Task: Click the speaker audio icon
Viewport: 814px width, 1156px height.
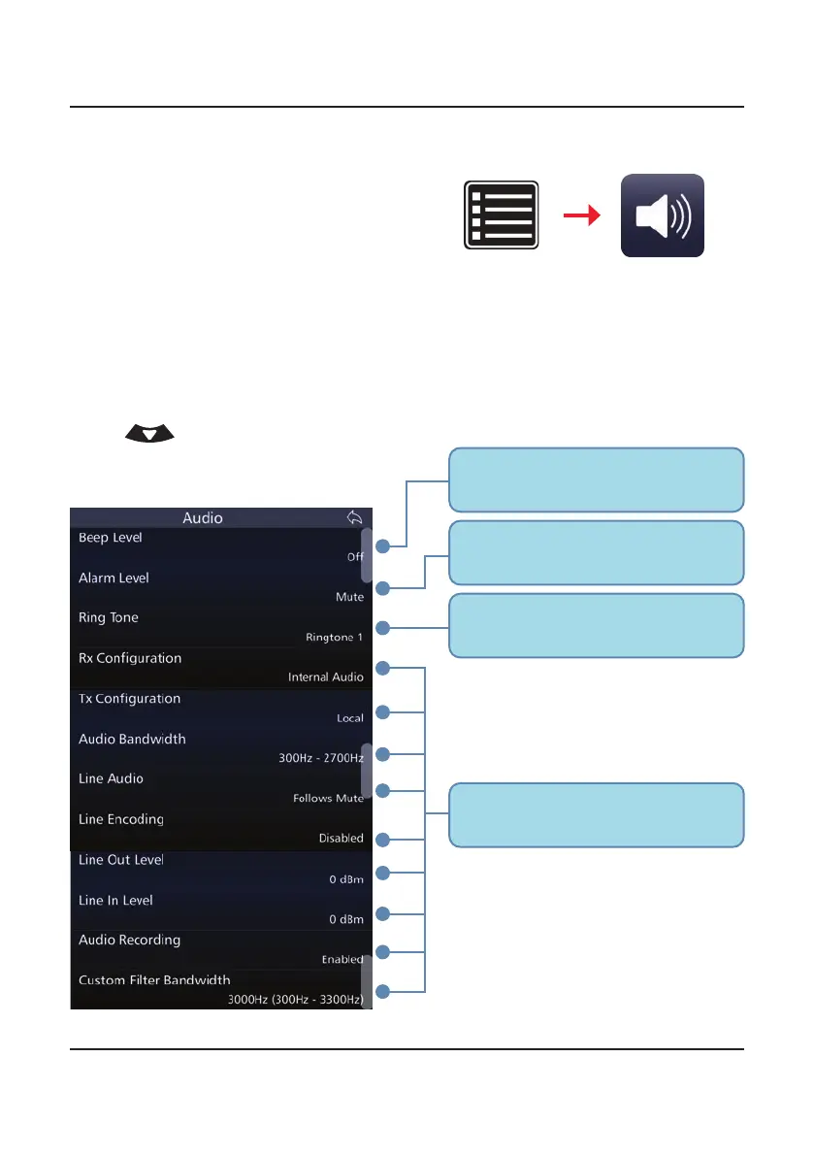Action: [663, 215]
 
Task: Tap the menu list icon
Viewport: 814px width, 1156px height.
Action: [501, 215]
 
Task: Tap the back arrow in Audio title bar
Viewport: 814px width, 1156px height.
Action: [354, 517]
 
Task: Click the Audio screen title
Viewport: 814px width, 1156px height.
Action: [203, 518]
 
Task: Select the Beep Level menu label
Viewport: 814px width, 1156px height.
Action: [110, 538]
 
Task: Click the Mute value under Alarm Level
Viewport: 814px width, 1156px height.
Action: [349, 597]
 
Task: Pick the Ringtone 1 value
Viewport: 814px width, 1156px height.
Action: [334, 637]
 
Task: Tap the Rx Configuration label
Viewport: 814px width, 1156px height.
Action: [130, 658]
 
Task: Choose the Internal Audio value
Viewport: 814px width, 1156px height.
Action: [326, 677]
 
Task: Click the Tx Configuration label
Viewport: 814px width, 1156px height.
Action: [129, 699]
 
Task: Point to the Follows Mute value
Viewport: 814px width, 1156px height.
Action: [328, 798]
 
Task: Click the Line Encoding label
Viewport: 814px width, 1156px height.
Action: [121, 819]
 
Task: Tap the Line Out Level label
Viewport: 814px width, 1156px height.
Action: [121, 860]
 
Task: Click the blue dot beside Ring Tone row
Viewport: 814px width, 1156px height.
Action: [383, 628]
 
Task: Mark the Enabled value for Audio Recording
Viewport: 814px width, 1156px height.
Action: [342, 959]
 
